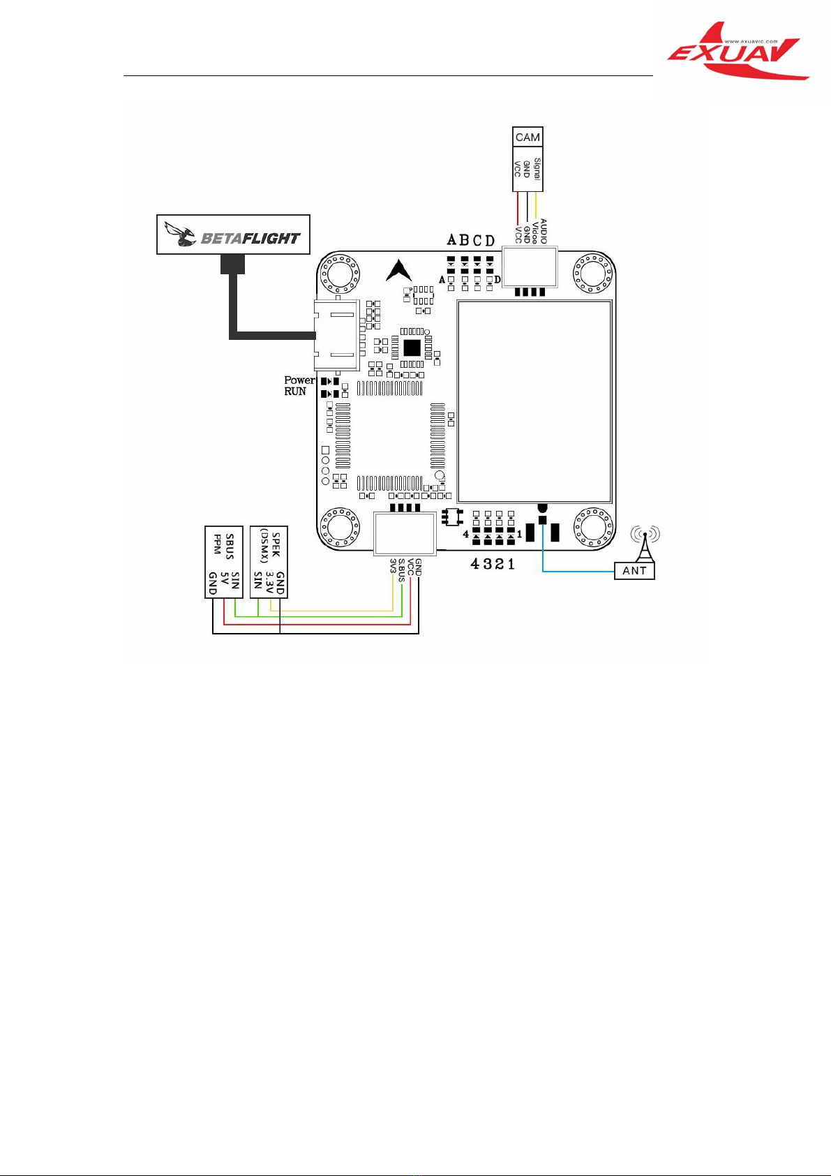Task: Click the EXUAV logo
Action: pyautogui.click(x=738, y=52)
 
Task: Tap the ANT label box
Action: pyautogui.click(x=634, y=571)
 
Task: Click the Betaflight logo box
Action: pyautogui.click(x=233, y=235)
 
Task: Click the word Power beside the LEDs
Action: pyautogui.click(x=300, y=380)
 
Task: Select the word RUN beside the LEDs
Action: pyautogui.click(x=295, y=392)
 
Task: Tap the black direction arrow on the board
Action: pyautogui.click(x=399, y=270)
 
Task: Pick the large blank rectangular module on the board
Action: pyautogui.click(x=534, y=402)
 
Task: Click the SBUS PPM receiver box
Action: pyautogui.click(x=224, y=563)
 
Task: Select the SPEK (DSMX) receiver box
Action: pyautogui.click(x=269, y=563)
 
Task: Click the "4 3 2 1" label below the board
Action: pyautogui.click(x=493, y=565)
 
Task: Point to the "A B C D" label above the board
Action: pyautogui.click(x=470, y=241)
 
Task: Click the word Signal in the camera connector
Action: pyautogui.click(x=537, y=168)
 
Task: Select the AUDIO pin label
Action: pyautogui.click(x=544, y=231)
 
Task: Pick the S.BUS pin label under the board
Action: pyautogui.click(x=402, y=570)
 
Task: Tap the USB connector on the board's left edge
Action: pyautogui.click(x=336, y=335)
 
